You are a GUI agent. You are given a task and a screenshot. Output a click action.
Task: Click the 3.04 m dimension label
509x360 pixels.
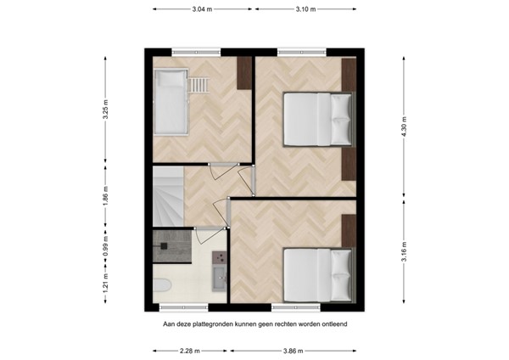click(201, 9)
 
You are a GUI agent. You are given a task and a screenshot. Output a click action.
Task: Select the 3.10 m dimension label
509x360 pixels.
click(307, 9)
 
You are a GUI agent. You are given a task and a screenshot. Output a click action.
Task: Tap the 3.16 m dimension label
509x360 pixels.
click(403, 252)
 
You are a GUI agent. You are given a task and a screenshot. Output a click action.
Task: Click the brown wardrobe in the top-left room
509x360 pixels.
click(244, 74)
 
